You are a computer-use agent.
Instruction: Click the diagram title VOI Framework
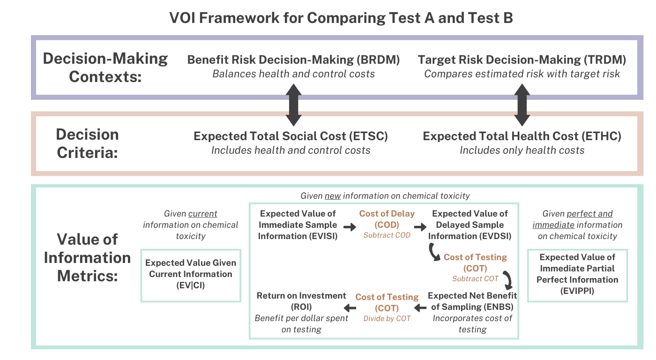coord(341,18)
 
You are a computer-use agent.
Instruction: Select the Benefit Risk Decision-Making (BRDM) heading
coord(293,60)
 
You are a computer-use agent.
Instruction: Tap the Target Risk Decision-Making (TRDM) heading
coord(522,60)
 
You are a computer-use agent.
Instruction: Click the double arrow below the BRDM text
coord(294,105)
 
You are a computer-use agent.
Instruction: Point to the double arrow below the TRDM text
coord(522,105)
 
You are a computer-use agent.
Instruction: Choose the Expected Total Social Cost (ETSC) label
coord(291,136)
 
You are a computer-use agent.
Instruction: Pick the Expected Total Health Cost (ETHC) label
coord(522,136)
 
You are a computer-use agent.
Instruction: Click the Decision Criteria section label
coord(87,143)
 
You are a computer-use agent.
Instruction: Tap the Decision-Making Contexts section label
coord(105,67)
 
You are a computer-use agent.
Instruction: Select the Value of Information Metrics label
coord(87,257)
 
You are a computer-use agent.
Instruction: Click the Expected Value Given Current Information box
coord(191,274)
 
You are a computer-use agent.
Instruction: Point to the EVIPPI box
coord(577,274)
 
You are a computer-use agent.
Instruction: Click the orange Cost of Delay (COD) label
coord(387,219)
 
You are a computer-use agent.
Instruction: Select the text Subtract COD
coord(387,235)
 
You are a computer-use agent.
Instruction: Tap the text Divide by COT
coord(387,319)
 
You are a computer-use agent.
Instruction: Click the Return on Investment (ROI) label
coord(301,301)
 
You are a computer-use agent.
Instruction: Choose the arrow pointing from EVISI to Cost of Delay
coord(350,227)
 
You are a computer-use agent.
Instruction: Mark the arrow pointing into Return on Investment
coord(350,308)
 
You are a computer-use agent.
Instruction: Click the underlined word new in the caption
coord(334,195)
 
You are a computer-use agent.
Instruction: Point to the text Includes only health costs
coord(522,150)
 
